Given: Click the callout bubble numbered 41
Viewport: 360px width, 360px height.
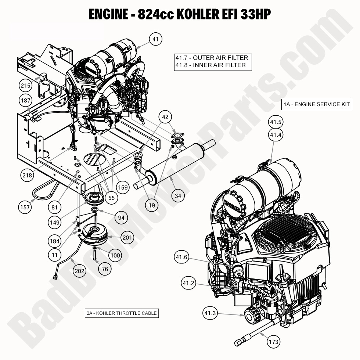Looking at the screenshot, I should [156, 39].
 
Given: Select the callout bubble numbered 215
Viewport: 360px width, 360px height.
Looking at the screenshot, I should [25, 86].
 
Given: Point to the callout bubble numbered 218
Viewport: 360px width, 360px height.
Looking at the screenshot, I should [27, 175].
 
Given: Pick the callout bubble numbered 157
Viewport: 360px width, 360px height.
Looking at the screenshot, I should [25, 208].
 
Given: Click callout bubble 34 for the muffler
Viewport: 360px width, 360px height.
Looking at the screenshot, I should [178, 196].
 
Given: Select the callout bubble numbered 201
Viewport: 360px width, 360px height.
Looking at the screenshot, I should [127, 238].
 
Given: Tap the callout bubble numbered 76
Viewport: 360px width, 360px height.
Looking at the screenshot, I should [105, 269].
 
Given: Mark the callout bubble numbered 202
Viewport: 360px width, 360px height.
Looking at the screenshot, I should [80, 271].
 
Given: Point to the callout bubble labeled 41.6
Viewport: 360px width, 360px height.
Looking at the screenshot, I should [182, 258].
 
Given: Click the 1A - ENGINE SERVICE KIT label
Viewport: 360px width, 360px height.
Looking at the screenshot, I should [317, 104].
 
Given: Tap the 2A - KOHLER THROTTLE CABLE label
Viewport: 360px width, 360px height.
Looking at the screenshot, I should [122, 313].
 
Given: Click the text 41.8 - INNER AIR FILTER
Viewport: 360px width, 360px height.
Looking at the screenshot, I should [210, 65].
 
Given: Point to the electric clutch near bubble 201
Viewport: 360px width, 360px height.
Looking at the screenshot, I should [95, 235].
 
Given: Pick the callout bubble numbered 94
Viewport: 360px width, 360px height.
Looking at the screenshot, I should [121, 218].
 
